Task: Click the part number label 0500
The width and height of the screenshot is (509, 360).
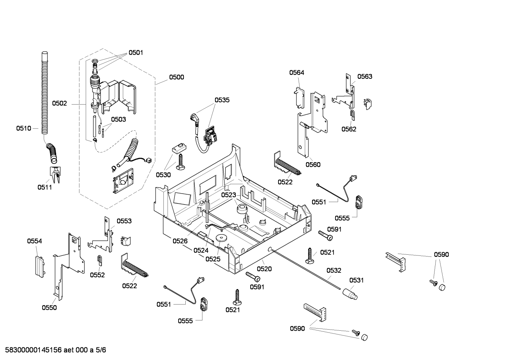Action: (176, 77)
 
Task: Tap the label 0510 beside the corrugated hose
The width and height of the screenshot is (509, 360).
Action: (24, 129)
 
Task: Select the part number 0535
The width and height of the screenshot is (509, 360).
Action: (222, 100)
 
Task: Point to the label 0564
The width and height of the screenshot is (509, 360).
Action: (297, 72)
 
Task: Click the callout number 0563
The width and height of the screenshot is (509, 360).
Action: (365, 76)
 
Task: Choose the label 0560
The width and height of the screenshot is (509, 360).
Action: (313, 165)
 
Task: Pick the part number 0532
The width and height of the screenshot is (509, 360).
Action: (334, 270)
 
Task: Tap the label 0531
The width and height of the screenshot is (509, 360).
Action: (356, 281)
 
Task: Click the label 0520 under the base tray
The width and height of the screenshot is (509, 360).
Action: (264, 269)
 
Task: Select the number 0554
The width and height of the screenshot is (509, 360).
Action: (35, 241)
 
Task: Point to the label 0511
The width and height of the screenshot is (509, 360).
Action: (45, 187)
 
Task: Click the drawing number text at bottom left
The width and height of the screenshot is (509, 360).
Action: (55, 350)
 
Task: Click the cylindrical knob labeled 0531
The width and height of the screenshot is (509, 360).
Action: (350, 294)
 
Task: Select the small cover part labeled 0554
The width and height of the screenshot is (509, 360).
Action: (40, 266)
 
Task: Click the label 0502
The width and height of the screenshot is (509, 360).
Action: (60, 104)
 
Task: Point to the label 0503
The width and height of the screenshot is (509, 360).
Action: (118, 119)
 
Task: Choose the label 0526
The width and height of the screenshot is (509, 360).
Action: (180, 241)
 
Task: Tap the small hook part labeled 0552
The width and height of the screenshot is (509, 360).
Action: (100, 260)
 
